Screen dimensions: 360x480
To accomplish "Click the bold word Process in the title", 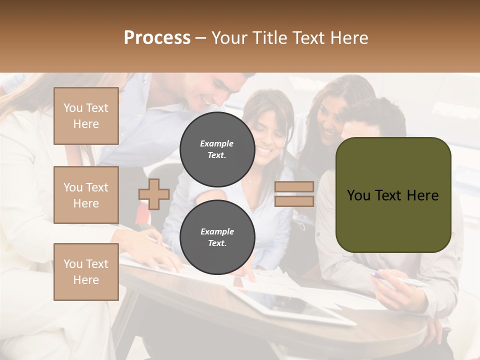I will point(157,38).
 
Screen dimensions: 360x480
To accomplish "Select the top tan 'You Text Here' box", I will point(86,116).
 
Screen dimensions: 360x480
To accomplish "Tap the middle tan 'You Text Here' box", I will point(86,195).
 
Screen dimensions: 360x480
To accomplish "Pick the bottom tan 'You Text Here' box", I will point(86,272).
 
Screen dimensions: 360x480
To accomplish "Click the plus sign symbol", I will point(154,194).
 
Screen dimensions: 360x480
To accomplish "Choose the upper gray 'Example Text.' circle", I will point(217,149).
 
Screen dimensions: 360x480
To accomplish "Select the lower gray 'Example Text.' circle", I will point(217,237).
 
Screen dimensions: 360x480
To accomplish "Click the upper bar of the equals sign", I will point(294,187).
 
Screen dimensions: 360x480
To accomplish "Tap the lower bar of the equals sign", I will point(294,201).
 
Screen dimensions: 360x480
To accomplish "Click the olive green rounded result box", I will point(393,194).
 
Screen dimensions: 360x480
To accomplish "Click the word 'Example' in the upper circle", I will point(217,143).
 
